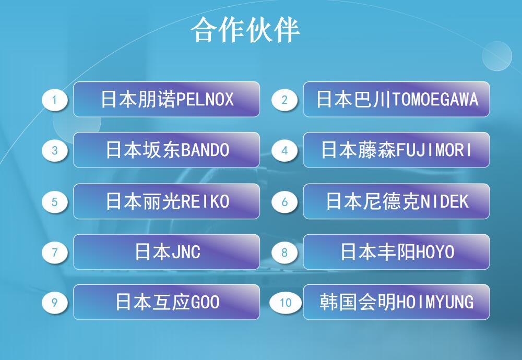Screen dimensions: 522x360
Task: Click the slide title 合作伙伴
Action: pyautogui.click(x=245, y=30)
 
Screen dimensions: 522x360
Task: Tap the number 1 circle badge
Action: pyautogui.click(x=55, y=100)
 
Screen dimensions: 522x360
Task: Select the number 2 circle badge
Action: pyautogui.click(x=284, y=100)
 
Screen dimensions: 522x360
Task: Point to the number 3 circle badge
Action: pyautogui.click(x=55, y=150)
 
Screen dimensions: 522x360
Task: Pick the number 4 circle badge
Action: pyautogui.click(x=284, y=150)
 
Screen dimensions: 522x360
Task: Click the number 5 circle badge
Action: pyautogui.click(x=55, y=201)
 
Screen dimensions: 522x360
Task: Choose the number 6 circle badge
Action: pyautogui.click(x=284, y=201)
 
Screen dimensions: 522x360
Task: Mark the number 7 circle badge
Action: pyautogui.click(x=55, y=253)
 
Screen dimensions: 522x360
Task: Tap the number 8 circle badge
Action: pyautogui.click(x=284, y=253)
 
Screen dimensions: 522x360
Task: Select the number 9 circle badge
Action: pyautogui.click(x=55, y=303)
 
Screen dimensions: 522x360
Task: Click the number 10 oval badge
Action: pyautogui.click(x=286, y=303)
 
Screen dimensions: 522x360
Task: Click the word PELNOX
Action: pyautogui.click(x=205, y=100)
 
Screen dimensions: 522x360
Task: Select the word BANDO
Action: pyautogui.click(x=205, y=150)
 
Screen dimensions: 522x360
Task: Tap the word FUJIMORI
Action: pyautogui.click(x=434, y=150)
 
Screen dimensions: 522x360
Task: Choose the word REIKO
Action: pyautogui.click(x=205, y=201)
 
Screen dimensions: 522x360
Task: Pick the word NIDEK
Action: pyautogui.click(x=445, y=201)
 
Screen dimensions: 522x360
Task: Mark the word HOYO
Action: pyautogui.click(x=435, y=252)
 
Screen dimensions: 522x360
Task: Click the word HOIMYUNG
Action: pyautogui.click(x=435, y=302)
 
